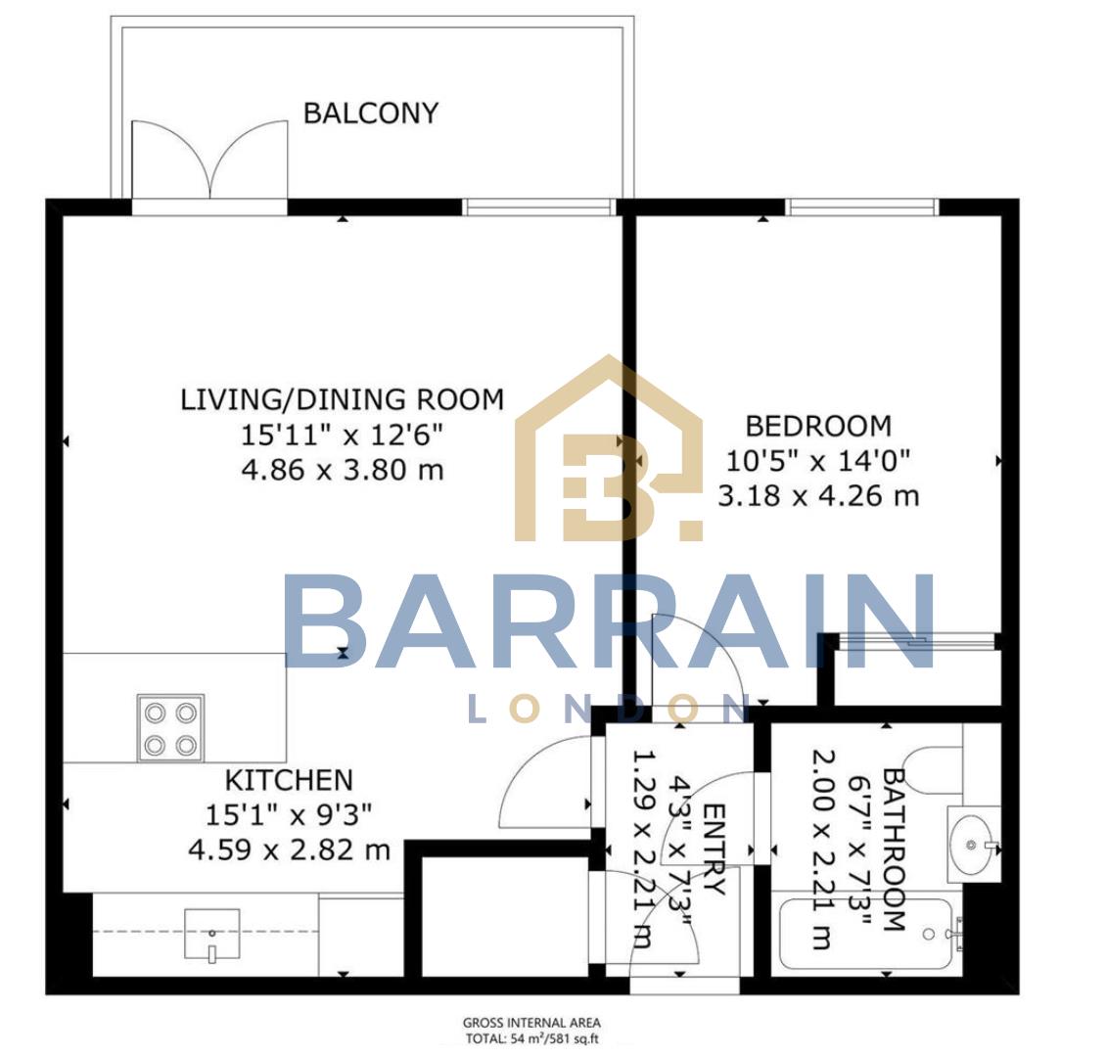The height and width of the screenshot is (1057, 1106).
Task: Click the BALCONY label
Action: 370,113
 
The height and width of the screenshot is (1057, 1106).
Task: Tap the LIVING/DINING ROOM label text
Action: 342,399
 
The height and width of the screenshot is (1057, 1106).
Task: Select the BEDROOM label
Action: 818,426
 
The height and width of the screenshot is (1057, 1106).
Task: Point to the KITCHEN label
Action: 289,780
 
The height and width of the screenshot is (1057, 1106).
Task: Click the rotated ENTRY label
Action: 714,850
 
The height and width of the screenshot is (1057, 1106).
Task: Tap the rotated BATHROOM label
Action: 893,849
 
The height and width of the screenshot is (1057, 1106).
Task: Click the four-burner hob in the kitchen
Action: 170,727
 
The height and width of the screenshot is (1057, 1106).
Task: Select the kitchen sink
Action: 211,934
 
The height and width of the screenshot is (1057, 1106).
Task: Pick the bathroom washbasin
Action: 973,842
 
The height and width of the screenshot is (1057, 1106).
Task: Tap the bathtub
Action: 866,935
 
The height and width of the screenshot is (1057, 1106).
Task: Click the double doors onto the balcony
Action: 210,161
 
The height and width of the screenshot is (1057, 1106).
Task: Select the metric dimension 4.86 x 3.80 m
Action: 342,470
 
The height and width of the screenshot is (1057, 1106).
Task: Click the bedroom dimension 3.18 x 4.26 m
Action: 818,496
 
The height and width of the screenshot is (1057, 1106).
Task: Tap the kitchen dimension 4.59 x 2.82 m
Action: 289,849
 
